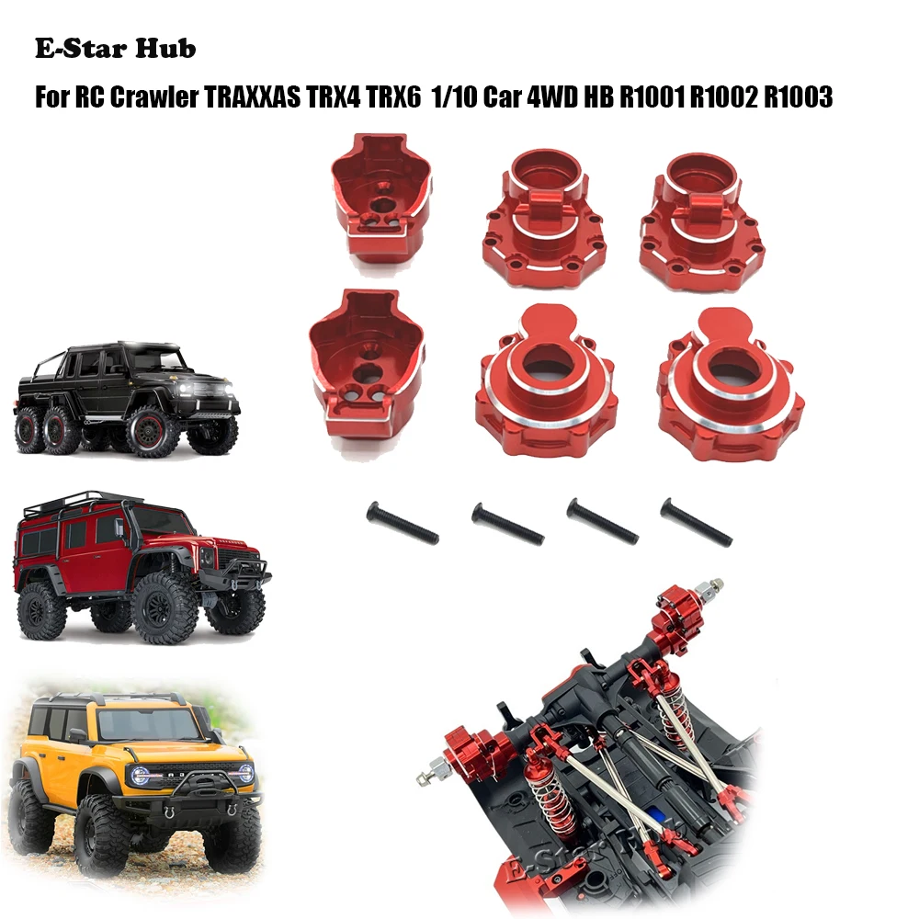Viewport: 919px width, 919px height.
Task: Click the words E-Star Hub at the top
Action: click(x=115, y=49)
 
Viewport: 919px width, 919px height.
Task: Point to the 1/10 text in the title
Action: click(x=500, y=97)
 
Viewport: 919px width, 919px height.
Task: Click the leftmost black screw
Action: click(x=403, y=524)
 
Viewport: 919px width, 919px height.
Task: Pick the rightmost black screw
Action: click(x=696, y=522)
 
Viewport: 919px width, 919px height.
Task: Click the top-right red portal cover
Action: click(x=701, y=221)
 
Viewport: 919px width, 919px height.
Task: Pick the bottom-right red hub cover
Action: click(x=731, y=384)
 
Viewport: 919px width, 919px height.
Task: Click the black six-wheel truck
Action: click(x=127, y=396)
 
